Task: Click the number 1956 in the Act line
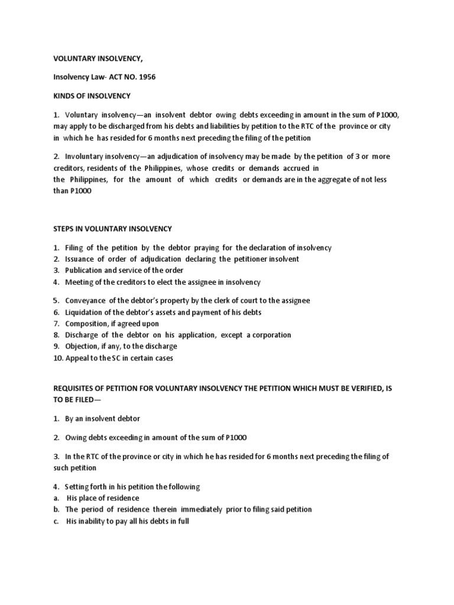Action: pos(146,77)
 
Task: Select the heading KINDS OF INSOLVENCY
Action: pos(92,96)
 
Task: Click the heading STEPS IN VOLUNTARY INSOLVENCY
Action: pos(112,229)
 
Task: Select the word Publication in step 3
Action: pos(85,271)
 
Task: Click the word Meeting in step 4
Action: pos(79,282)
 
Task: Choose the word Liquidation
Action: pos(85,312)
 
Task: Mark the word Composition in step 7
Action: pos(87,324)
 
